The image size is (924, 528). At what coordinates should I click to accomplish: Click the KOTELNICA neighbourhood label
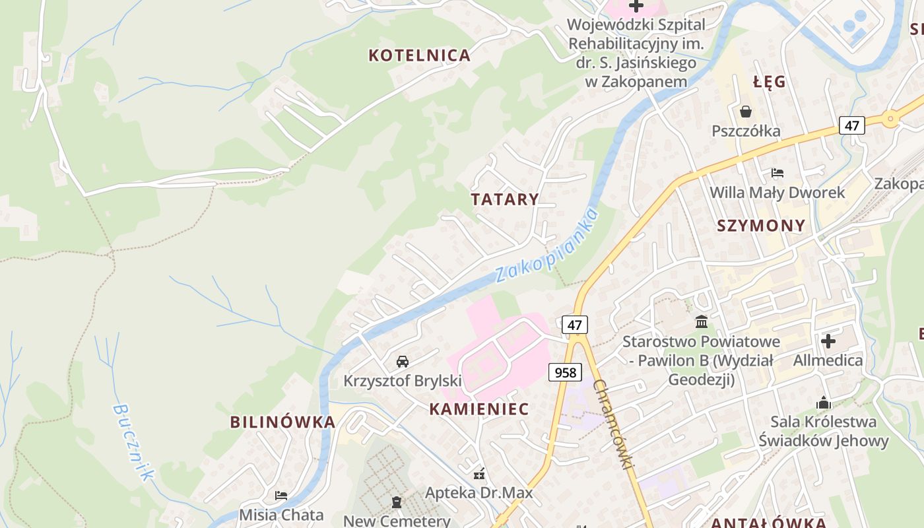(x=419, y=55)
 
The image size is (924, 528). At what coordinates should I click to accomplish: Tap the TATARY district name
(x=505, y=199)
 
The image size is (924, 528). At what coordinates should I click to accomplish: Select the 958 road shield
(x=566, y=372)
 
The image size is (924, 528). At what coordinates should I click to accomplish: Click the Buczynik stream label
(x=133, y=442)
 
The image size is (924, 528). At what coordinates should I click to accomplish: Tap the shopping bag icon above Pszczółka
(x=746, y=112)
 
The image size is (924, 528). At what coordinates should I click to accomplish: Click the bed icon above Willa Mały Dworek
(x=777, y=173)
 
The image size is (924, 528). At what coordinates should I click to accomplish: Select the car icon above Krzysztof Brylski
(x=403, y=362)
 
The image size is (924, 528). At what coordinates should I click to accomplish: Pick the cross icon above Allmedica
(x=828, y=341)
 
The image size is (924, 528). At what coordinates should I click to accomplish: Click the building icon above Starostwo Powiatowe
(x=702, y=322)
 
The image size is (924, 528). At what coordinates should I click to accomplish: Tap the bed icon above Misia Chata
(x=281, y=495)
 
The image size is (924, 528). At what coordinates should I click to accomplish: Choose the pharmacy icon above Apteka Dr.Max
(x=479, y=473)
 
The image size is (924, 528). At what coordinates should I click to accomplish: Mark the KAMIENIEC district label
(x=479, y=409)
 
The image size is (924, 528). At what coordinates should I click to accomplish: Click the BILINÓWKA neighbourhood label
(x=282, y=422)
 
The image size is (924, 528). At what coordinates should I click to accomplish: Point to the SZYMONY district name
(x=761, y=226)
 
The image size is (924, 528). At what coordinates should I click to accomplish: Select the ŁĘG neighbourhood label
(x=770, y=82)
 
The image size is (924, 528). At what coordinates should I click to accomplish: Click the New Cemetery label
(x=397, y=521)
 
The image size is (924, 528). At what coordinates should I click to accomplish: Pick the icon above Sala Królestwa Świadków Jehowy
(x=823, y=403)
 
